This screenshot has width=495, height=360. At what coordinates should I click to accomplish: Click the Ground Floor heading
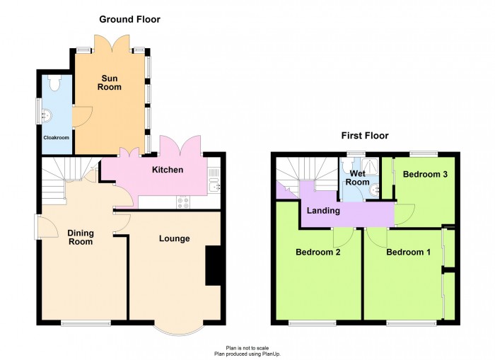[x=129, y=19]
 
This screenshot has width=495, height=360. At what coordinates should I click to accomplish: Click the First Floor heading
[x=365, y=136]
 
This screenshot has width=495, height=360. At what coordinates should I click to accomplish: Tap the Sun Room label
[x=109, y=83]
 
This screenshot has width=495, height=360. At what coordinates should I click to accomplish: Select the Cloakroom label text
[x=56, y=138]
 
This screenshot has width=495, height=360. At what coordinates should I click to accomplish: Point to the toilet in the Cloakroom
[x=55, y=83]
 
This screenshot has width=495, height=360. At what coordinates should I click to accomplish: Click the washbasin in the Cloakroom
[x=47, y=115]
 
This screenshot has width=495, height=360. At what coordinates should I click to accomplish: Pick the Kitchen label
[x=168, y=170]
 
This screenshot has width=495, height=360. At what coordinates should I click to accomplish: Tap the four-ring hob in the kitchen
[x=183, y=202]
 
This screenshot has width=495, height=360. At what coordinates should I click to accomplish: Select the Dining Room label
[x=81, y=238]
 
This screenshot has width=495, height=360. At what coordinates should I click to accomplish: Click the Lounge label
[x=174, y=238]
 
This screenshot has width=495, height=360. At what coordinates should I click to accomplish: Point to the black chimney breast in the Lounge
[x=213, y=265]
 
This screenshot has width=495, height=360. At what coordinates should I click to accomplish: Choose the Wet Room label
[x=357, y=178]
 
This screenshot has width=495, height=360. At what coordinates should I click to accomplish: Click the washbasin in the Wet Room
[x=375, y=190]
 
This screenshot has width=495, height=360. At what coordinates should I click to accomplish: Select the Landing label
[x=323, y=211]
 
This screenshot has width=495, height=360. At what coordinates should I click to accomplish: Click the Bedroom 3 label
[x=425, y=174]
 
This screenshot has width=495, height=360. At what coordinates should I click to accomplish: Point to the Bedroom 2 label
[x=318, y=252]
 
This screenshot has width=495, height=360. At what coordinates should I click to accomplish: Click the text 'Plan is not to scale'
[x=248, y=348]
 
